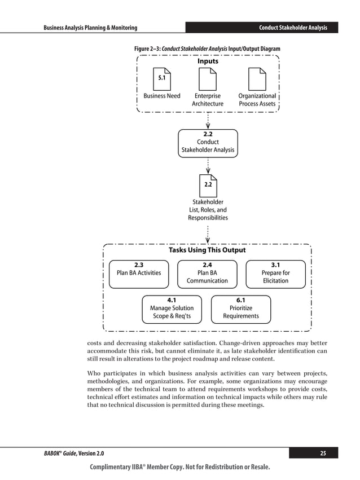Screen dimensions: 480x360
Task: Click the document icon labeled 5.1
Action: pos(161,78)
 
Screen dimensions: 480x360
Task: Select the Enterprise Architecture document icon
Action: pos(208,78)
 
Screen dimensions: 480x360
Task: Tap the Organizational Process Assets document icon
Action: pos(257,78)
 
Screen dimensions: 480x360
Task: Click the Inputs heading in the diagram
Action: pos(208,61)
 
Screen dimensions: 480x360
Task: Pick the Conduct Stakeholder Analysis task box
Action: pos(208,143)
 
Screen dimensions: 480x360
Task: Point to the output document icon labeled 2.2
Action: pos(208,184)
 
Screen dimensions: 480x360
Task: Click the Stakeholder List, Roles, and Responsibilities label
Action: pos(208,210)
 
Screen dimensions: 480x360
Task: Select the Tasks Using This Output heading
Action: pos(207,250)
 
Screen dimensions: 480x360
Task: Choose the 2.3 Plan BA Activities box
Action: pos(138,274)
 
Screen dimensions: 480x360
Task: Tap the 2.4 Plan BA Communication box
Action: pos(207,274)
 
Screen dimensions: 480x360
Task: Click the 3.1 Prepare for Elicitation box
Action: pos(275,274)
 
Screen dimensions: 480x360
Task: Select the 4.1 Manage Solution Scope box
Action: pos(172,309)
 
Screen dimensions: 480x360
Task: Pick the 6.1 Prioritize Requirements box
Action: pos(240,309)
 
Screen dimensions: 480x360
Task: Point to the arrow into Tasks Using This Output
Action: pos(208,234)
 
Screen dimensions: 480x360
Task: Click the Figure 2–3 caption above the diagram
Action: pos(207,49)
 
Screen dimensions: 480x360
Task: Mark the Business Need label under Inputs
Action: pos(161,96)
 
